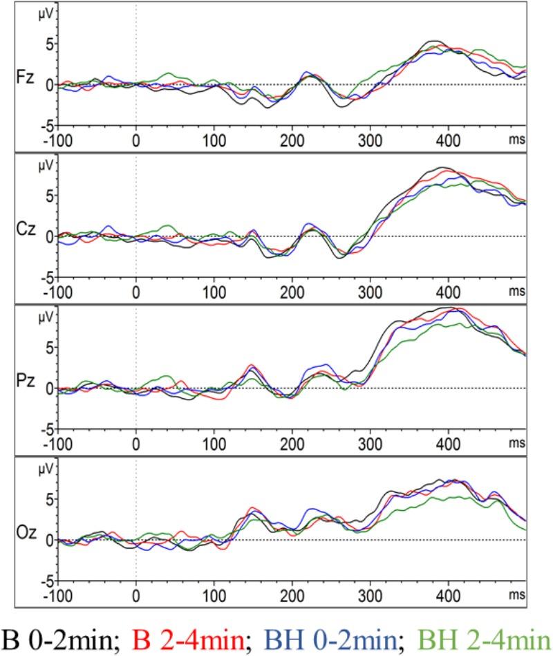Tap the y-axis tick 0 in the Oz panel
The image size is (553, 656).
coord(47,540)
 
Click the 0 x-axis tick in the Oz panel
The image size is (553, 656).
coord(136,594)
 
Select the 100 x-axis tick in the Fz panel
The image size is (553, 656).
coord(214,139)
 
